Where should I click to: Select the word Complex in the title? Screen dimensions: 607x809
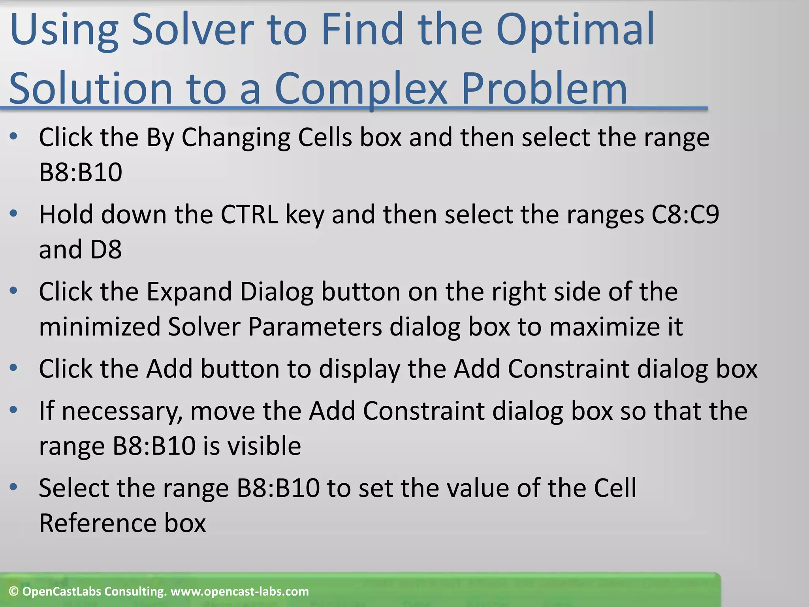tap(360, 89)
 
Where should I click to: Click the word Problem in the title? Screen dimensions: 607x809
tap(544, 89)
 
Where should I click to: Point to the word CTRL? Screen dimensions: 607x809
tap(249, 215)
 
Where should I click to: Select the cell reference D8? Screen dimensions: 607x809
tap(106, 250)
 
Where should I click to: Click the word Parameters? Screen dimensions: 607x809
tap(315, 327)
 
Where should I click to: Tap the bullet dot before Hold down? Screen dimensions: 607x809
tap(14, 214)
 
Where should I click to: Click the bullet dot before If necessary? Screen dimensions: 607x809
tap(14, 410)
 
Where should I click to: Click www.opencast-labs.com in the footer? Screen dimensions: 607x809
tap(239, 592)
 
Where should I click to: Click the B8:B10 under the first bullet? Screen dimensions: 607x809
tap(81, 173)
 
